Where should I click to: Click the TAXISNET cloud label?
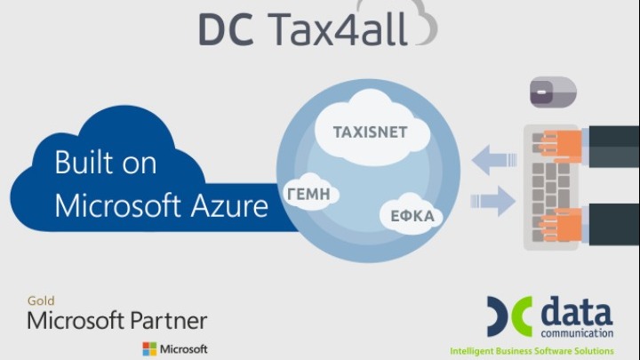click(x=370, y=132)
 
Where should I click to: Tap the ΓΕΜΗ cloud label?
click(x=309, y=195)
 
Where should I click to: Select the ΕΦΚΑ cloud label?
click(x=412, y=216)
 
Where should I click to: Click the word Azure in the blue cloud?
click(x=230, y=205)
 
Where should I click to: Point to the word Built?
click(x=84, y=162)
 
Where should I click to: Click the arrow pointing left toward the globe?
click(x=494, y=160)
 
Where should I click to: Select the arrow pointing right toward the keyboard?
click(x=492, y=201)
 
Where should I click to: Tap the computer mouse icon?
click(x=553, y=92)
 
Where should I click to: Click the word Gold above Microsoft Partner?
click(x=41, y=300)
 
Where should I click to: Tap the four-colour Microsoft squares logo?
click(x=149, y=349)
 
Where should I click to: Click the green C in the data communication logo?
click(x=522, y=316)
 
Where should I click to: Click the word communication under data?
click(x=577, y=333)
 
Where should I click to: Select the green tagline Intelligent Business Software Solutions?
click(x=532, y=351)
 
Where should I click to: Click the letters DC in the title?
click(x=227, y=29)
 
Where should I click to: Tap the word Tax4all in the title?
click(x=338, y=28)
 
